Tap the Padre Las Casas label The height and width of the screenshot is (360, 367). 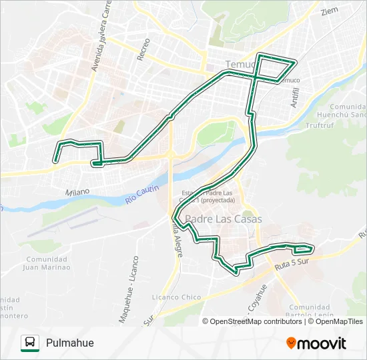[x=224, y=219]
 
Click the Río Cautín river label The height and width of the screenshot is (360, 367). [x=141, y=195]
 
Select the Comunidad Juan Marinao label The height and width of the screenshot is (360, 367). [x=46, y=263]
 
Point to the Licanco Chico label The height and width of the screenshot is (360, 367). [x=177, y=297]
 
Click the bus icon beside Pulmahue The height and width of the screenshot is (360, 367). [x=30, y=343]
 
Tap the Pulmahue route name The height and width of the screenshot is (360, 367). [x=70, y=343]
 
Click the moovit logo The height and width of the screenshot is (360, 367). [x=316, y=343]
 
